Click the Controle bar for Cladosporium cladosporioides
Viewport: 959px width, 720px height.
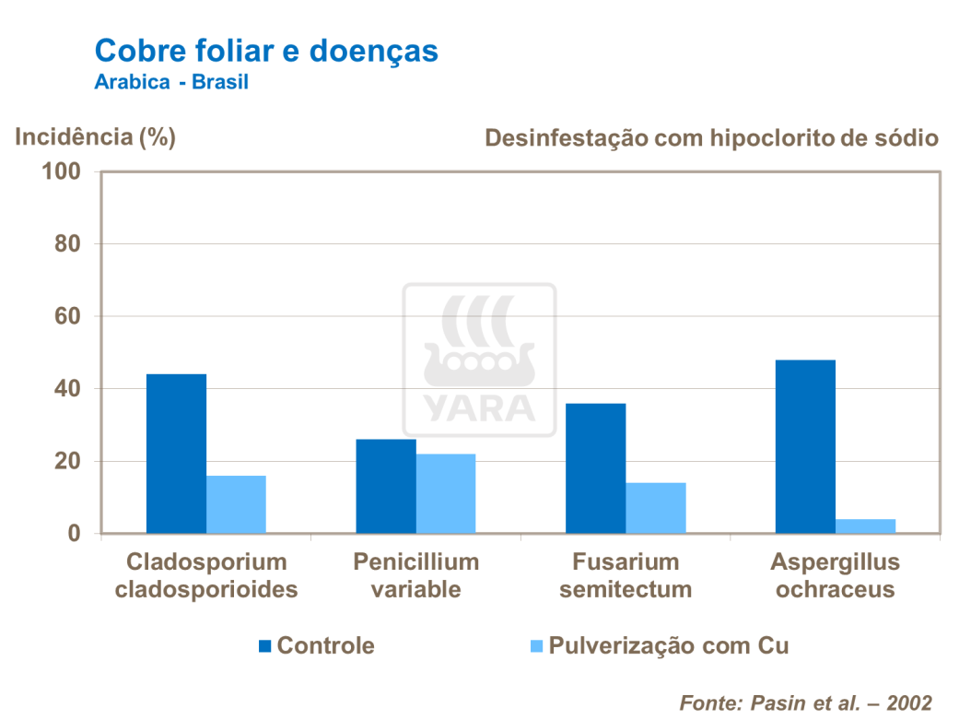[176, 454]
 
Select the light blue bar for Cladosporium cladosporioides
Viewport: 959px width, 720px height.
[236, 504]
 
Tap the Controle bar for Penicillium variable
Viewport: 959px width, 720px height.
[385, 486]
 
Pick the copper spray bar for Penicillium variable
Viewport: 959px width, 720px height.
[446, 493]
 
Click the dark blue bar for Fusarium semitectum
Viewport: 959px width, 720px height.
[595, 468]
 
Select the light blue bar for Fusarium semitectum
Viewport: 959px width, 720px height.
[656, 508]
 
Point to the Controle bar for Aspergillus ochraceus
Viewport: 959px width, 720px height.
[805, 446]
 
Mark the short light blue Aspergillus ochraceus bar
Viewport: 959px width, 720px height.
[866, 526]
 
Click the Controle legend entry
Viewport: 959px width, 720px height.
[316, 645]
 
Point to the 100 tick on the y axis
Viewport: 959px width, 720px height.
[62, 172]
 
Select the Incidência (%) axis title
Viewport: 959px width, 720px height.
[96, 137]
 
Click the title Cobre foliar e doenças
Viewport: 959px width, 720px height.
[266, 51]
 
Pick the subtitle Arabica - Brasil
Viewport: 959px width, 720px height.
[171, 82]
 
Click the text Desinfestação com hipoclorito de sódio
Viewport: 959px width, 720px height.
[711, 138]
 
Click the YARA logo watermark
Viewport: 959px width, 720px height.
[478, 360]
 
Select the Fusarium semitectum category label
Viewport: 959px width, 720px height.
[625, 575]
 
